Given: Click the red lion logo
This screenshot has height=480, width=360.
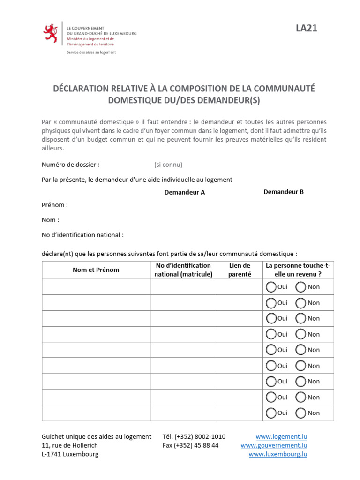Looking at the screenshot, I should [x=50, y=33].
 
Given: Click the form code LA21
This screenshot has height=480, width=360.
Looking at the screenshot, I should [x=306, y=29].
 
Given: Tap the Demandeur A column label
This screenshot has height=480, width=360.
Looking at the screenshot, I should [x=184, y=192].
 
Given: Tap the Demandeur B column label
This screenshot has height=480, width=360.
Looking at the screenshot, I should [x=284, y=192].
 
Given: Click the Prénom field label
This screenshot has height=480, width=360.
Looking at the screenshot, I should [x=55, y=205].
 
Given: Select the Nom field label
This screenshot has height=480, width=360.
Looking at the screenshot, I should [x=51, y=220].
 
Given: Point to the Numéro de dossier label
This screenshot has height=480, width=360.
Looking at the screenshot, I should [x=71, y=165].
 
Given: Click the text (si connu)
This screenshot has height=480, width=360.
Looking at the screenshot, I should [x=168, y=165].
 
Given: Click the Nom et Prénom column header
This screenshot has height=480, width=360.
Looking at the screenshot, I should [x=96, y=270].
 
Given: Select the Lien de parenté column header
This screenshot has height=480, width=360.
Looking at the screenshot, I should [x=239, y=270].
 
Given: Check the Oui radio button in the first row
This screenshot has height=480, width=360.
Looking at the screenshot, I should [x=271, y=287].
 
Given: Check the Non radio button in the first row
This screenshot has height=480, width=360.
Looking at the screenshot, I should [x=301, y=287].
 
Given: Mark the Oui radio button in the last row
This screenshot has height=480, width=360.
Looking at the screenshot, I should [x=271, y=413].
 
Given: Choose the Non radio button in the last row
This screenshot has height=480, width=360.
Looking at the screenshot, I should [x=301, y=413].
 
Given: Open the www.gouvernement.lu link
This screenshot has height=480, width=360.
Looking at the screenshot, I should [x=274, y=445].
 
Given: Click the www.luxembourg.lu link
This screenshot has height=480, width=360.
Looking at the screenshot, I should [x=277, y=454].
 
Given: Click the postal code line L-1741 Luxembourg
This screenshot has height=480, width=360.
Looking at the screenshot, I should [x=70, y=454].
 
